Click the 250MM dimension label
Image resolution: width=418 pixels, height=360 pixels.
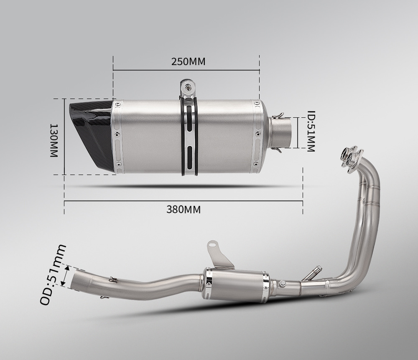tap(188, 61)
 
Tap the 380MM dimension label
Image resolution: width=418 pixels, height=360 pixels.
tap(184, 210)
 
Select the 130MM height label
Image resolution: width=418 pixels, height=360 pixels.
tap(54, 140)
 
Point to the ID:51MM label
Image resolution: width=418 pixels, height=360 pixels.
tap(311, 131)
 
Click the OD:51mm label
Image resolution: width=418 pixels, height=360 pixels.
tap(53, 274)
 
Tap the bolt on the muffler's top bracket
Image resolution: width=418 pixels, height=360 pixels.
tap(189, 86)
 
